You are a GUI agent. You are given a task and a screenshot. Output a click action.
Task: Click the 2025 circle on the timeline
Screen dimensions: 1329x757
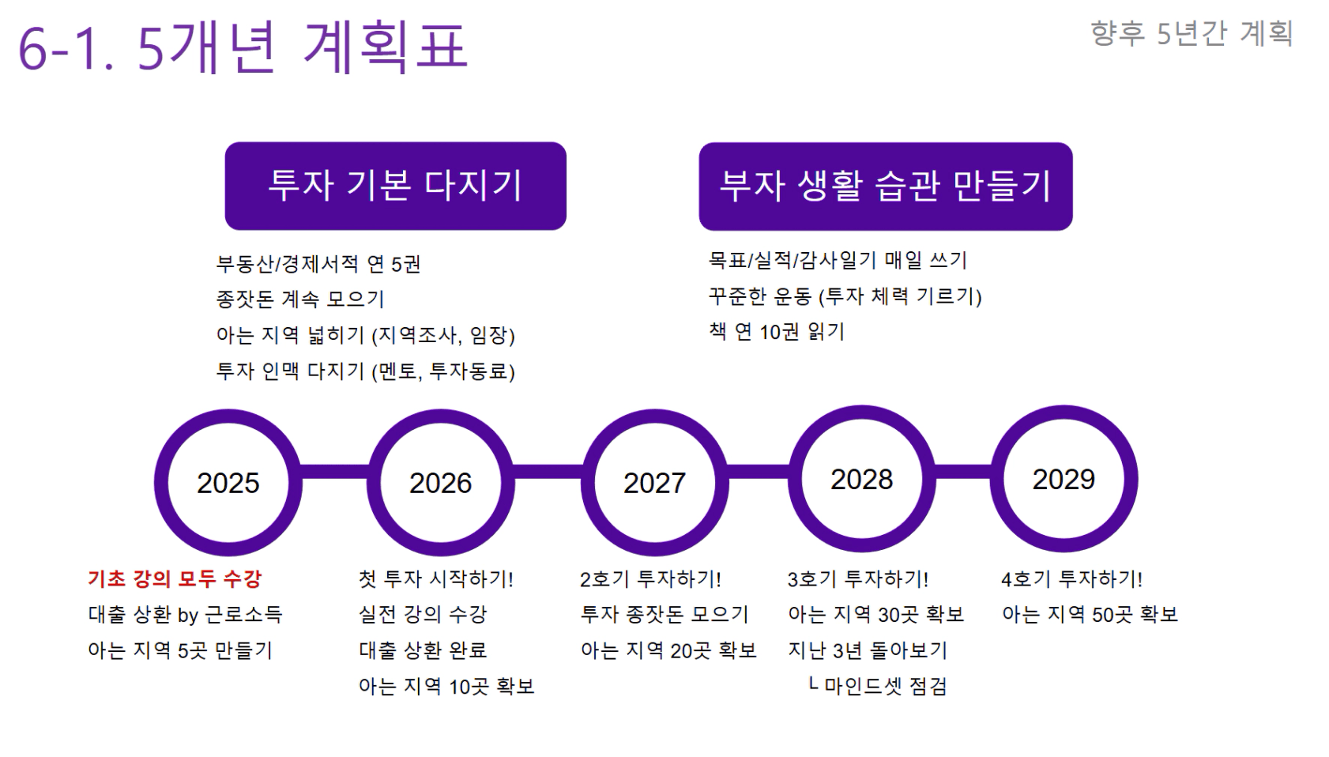pyautogui.click(x=161, y=483)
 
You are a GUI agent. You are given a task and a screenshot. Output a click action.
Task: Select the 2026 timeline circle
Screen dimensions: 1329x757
pyautogui.click(x=374, y=483)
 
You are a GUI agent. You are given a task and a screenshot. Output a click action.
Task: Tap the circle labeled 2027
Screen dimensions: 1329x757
pyautogui.click(x=588, y=483)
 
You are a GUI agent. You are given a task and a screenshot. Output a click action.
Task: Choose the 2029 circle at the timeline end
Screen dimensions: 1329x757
pyautogui.click(x=997, y=480)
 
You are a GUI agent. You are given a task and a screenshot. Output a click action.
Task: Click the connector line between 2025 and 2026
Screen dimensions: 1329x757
pyautogui.click(x=334, y=472)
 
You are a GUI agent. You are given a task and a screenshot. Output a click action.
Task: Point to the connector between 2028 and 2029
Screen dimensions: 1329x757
pyautogui.click(x=963, y=472)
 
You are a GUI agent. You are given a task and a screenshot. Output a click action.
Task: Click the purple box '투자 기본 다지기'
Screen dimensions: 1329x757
pyautogui.click(x=396, y=186)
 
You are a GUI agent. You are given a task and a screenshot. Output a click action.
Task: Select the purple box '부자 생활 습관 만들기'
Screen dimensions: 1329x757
pyautogui.click(x=886, y=186)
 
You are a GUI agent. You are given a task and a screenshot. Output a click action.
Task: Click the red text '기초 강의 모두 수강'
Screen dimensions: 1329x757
pyautogui.click(x=175, y=578)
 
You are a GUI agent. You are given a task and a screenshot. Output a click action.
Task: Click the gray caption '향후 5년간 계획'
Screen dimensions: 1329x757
pyautogui.click(x=1192, y=33)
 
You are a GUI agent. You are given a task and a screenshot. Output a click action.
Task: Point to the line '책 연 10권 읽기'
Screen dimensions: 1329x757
pyautogui.click(x=777, y=332)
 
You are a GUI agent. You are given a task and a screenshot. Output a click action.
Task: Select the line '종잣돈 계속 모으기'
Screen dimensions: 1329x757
pyautogui.click(x=300, y=299)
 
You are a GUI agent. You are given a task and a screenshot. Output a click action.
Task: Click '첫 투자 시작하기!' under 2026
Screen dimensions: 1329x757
pyautogui.click(x=436, y=578)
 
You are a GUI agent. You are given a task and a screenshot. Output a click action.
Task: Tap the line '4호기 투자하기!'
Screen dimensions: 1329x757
pyautogui.click(x=1071, y=578)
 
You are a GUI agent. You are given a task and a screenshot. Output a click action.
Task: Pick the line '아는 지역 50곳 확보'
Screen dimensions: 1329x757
pyautogui.click(x=1090, y=615)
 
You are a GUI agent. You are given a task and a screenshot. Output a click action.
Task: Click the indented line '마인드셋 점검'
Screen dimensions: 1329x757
pyautogui.click(x=885, y=687)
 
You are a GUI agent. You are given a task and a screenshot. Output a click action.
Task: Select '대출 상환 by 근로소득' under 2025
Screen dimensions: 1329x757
pyautogui.click(x=185, y=615)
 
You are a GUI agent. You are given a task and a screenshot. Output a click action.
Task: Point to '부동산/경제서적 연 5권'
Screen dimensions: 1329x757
pyautogui.click(x=318, y=264)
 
